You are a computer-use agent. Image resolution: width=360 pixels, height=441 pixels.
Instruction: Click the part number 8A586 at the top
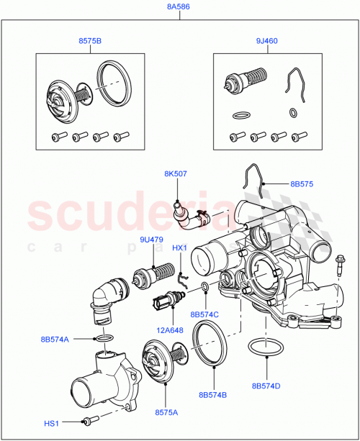tap(179, 8)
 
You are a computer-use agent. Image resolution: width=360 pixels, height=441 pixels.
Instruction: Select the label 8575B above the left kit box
tap(89, 42)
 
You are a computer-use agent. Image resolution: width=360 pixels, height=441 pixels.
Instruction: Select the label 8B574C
tap(205, 314)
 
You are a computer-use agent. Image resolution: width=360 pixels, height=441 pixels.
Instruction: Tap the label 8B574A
tap(55, 339)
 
